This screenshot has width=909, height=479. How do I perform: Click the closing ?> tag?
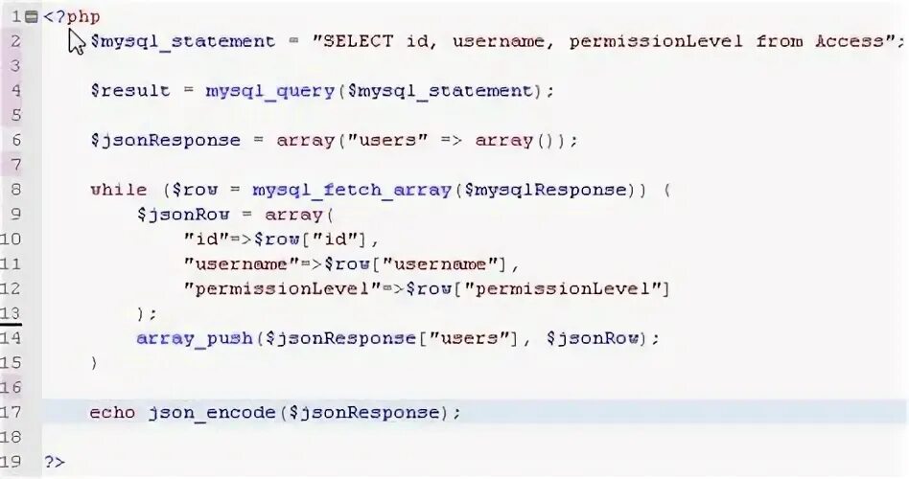click(55, 462)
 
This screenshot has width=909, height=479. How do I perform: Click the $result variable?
click(129, 91)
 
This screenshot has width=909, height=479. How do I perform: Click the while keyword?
click(118, 190)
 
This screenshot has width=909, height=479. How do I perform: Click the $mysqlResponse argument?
click(545, 190)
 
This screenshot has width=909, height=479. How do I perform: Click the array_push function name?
click(194, 338)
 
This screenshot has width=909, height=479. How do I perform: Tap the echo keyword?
click(112, 413)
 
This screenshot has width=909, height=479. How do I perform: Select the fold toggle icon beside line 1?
click(33, 16)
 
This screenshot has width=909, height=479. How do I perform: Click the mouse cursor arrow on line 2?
click(78, 41)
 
